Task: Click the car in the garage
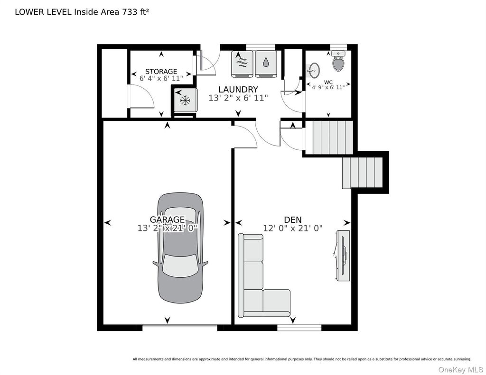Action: [x=180, y=248]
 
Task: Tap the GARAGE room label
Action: [x=168, y=220]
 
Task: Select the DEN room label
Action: [x=293, y=220]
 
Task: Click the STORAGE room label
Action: [x=161, y=72]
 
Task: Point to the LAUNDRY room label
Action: [x=238, y=90]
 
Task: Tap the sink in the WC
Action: [x=314, y=71]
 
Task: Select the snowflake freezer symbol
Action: [x=186, y=100]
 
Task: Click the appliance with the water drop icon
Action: [x=266, y=64]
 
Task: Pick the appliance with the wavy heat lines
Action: [x=243, y=64]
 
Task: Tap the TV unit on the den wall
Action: [x=343, y=256]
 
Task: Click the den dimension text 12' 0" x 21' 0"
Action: [x=293, y=229]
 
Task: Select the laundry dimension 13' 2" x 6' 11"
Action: [x=238, y=98]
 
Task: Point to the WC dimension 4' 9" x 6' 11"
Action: [x=328, y=88]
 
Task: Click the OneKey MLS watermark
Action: [x=460, y=369]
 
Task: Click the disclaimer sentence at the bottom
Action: [x=302, y=359]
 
